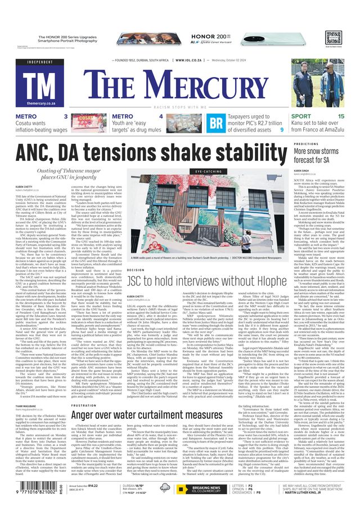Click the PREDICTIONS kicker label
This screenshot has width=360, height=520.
click(306, 144)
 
